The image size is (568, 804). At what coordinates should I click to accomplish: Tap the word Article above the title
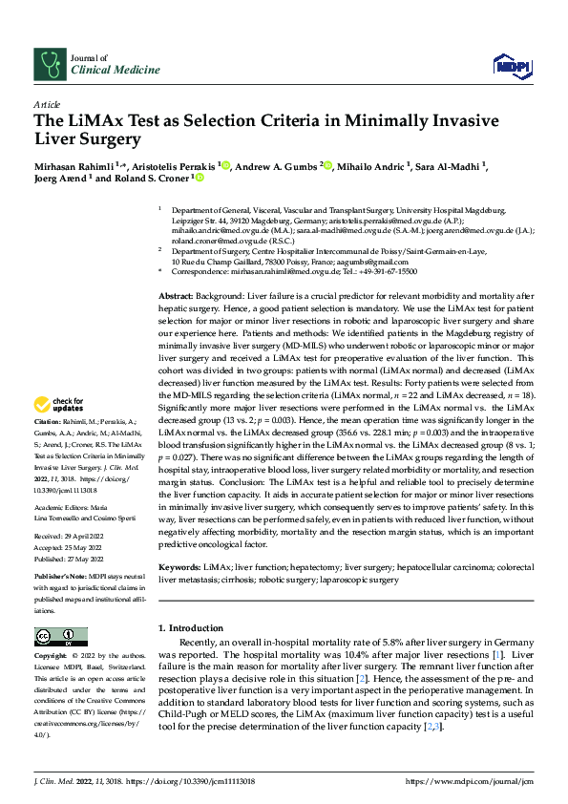tap(47, 103)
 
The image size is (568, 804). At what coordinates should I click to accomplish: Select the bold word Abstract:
tap(175, 272)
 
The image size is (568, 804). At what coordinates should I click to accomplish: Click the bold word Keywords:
tap(179, 567)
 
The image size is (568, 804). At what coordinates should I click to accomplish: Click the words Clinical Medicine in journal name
tap(104, 71)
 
